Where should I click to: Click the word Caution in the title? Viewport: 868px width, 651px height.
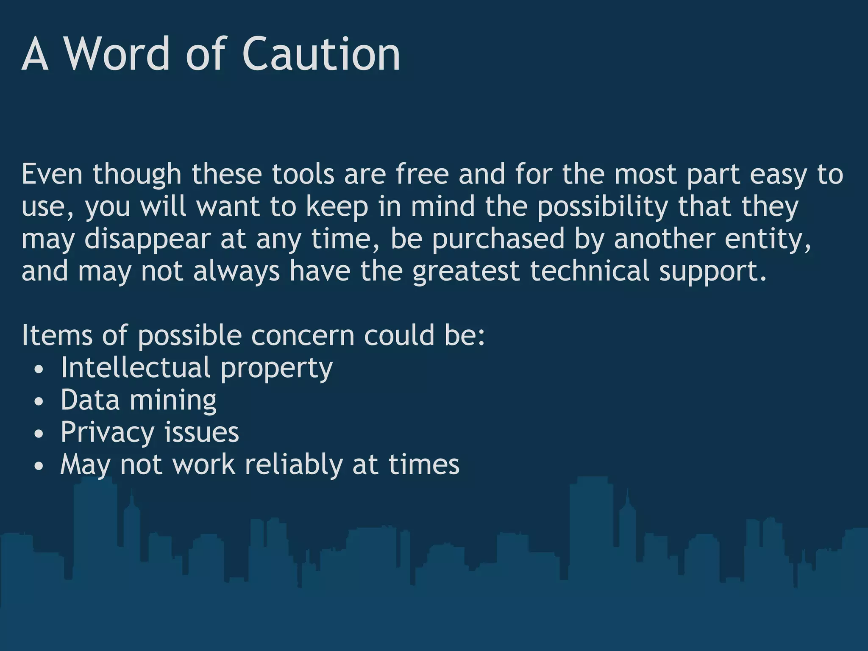321,54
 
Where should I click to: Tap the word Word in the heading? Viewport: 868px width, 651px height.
116,54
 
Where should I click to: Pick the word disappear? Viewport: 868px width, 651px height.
147,239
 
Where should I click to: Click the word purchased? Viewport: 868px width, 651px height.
498,239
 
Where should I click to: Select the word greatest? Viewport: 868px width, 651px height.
466,272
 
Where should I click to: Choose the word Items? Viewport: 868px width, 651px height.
57,335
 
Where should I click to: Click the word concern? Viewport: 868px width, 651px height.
303,335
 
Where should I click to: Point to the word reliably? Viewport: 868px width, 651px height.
294,465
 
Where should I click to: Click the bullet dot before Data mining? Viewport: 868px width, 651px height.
39,401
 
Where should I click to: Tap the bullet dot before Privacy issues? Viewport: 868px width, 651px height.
39,434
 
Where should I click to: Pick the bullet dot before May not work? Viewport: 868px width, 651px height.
39,466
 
